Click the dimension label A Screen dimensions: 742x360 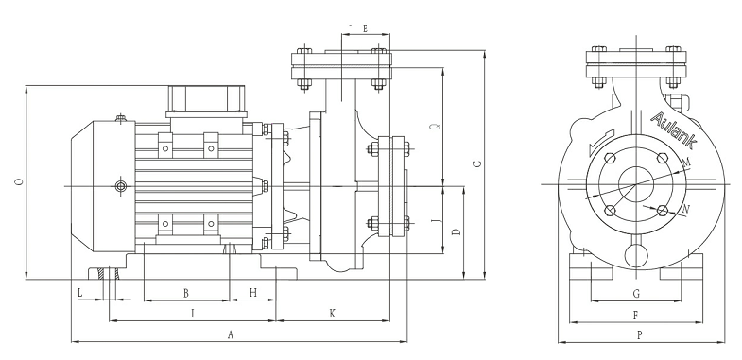pos(231,334)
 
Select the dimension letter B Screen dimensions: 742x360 pos(186,293)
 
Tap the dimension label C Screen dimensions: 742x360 pos(477,163)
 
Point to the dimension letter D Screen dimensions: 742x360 pos(457,231)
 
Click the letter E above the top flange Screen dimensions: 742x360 pos(365,28)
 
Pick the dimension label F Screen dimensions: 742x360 pos(635,315)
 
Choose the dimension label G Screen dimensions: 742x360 pos(636,294)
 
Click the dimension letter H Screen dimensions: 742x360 pos(253,293)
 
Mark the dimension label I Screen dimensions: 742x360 pos(192,313)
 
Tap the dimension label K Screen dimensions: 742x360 pos(332,313)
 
